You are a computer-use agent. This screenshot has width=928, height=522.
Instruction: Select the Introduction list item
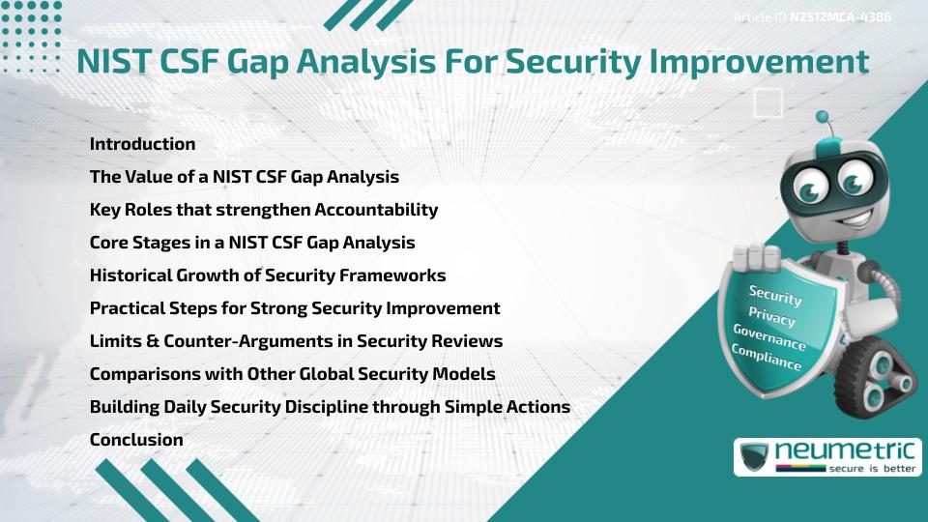pyautogui.click(x=142, y=144)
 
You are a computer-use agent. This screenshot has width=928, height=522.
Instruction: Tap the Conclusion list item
pyautogui.click(x=136, y=440)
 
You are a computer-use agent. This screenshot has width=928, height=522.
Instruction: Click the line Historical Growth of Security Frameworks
pyautogui.click(x=268, y=275)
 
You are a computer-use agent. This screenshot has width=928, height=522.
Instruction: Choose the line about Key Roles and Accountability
pyautogui.click(x=264, y=210)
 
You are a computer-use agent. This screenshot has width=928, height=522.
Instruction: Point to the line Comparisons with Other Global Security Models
pyautogui.click(x=292, y=374)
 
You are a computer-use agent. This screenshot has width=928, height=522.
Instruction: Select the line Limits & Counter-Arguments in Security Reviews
pyautogui.click(x=296, y=341)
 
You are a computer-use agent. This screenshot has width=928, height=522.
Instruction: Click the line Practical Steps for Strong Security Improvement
pyautogui.click(x=295, y=308)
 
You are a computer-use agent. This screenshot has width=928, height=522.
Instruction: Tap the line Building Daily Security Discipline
pyautogui.click(x=330, y=407)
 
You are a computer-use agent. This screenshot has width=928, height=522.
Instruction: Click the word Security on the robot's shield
pyautogui.click(x=775, y=296)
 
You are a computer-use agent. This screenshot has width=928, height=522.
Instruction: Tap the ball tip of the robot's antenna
pyautogui.click(x=824, y=118)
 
